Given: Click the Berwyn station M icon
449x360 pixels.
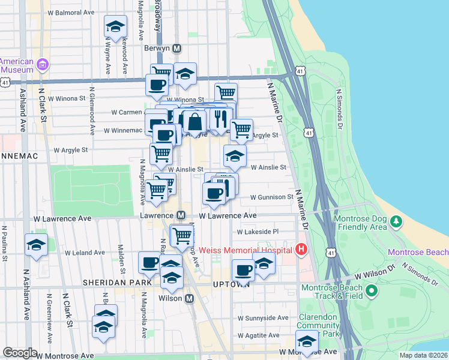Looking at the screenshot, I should pos(176,48).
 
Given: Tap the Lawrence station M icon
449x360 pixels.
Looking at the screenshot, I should pos(180,215).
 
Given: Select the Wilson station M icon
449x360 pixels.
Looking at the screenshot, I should pos(190,298).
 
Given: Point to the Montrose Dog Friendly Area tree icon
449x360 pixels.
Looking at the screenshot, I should pos(396,221).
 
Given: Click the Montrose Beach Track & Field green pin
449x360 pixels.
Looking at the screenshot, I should pos(371,292).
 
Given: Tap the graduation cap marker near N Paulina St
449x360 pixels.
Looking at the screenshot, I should pos(36,245).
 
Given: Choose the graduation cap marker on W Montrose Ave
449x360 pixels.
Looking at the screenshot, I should pos(307,341).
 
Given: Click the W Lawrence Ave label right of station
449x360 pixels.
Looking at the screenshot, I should pos(228,215).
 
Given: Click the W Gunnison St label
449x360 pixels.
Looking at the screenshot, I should pos(271,197).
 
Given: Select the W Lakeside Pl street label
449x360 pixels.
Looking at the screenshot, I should pos(258,232).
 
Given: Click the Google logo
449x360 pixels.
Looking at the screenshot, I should pos(20,353).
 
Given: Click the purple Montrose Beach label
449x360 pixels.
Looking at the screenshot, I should pos(418,251).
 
